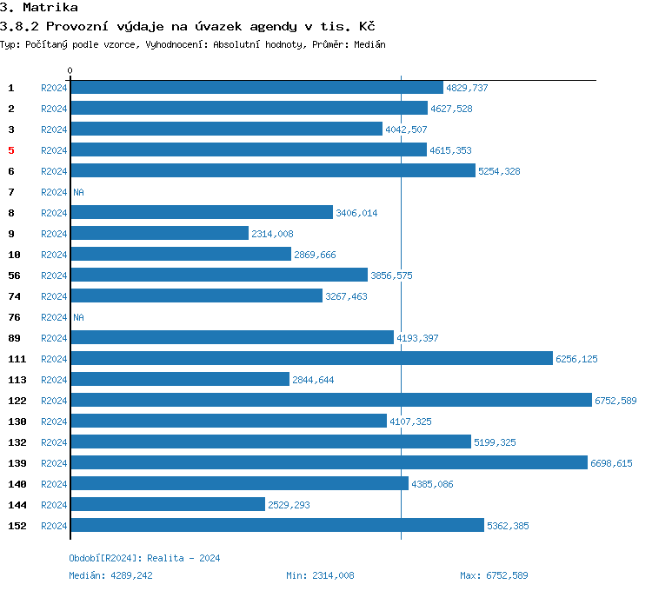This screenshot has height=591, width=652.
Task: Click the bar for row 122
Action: point(331,401)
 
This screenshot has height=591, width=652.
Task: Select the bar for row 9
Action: point(160,234)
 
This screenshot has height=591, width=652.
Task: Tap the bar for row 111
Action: point(312,359)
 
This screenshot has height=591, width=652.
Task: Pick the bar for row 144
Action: point(168,505)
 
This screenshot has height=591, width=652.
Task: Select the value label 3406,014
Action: point(356,213)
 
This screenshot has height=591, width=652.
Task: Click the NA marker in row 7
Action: point(78,192)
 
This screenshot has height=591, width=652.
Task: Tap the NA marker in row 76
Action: point(78,317)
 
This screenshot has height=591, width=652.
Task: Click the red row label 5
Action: point(11,150)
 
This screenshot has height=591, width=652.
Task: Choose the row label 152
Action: point(16,526)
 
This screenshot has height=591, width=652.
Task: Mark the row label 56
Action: point(14,276)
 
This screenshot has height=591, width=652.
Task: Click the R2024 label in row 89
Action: point(54,338)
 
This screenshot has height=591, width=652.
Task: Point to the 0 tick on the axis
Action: point(70,70)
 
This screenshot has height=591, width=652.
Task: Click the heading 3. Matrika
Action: point(39,8)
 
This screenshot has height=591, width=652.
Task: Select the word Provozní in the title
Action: point(75,27)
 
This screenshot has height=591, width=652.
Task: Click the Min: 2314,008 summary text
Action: point(320,575)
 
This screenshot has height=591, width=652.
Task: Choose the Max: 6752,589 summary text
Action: point(494,575)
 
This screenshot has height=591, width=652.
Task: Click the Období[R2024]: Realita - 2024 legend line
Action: point(144,558)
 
